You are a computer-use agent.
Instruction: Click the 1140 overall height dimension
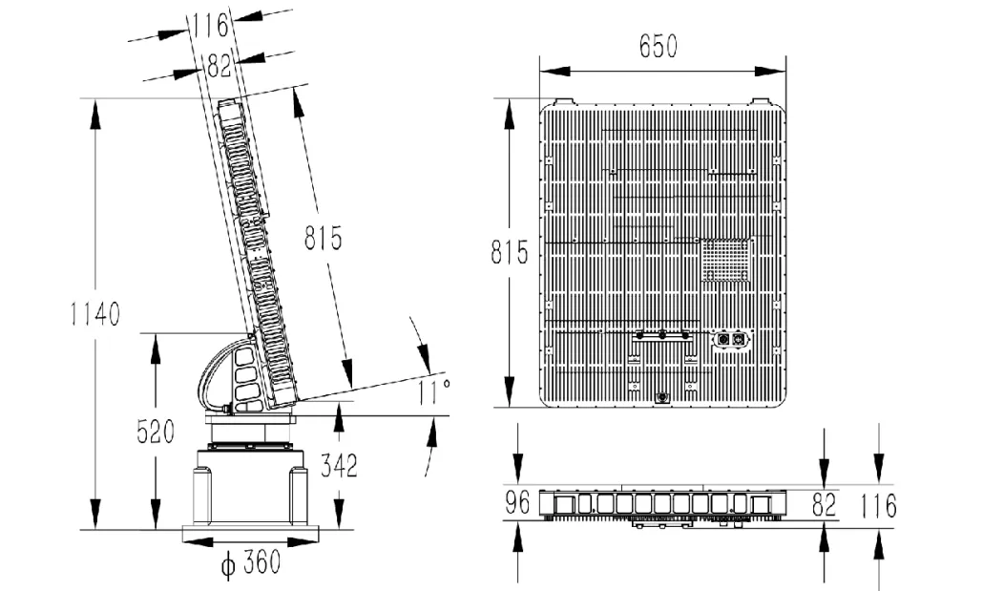[94, 314]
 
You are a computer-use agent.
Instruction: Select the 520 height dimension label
[156, 433]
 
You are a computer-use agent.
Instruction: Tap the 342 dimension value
[339, 466]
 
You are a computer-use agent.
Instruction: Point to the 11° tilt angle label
[434, 392]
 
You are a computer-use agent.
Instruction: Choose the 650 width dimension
[659, 47]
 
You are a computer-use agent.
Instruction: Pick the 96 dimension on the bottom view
[517, 502]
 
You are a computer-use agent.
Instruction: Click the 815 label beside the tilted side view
[324, 239]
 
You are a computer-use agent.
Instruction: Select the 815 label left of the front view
[510, 252]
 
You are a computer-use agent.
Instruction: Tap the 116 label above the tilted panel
[210, 25]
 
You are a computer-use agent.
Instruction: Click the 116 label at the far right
[878, 506]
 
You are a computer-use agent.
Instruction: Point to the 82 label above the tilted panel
[219, 66]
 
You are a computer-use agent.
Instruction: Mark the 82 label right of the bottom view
[824, 504]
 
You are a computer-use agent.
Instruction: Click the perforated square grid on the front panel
[726, 261]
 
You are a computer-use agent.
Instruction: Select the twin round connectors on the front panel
[730, 339]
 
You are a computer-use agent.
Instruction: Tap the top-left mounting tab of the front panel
[563, 101]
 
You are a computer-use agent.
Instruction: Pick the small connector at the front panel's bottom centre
[662, 397]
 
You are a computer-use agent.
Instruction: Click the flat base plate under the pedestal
[251, 534]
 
